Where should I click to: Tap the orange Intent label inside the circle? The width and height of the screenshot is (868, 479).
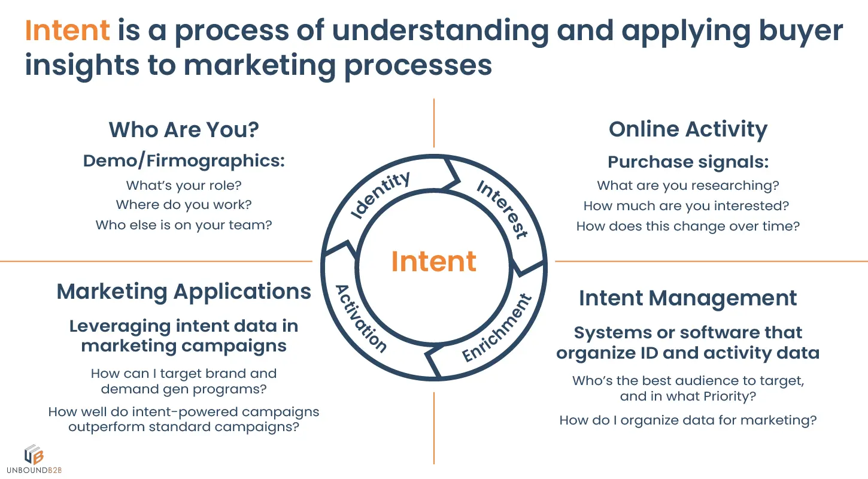[434, 262]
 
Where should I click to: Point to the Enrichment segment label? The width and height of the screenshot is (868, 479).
[497, 328]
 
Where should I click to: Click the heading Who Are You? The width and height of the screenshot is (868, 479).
[184, 129]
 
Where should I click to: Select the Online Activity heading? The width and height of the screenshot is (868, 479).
[688, 129]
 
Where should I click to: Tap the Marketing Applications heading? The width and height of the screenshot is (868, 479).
[184, 292]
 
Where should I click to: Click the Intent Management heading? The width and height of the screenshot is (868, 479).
[688, 298]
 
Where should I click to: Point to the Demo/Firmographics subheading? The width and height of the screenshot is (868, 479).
[184, 160]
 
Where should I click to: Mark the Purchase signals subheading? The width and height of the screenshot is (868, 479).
[688, 162]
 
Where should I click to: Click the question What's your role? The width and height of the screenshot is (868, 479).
[184, 186]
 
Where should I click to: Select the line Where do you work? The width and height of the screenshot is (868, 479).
[184, 205]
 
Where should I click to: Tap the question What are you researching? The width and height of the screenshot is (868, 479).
[688, 186]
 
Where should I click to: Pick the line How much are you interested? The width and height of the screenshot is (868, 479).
[687, 206]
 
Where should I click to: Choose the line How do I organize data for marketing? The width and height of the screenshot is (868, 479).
[688, 420]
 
